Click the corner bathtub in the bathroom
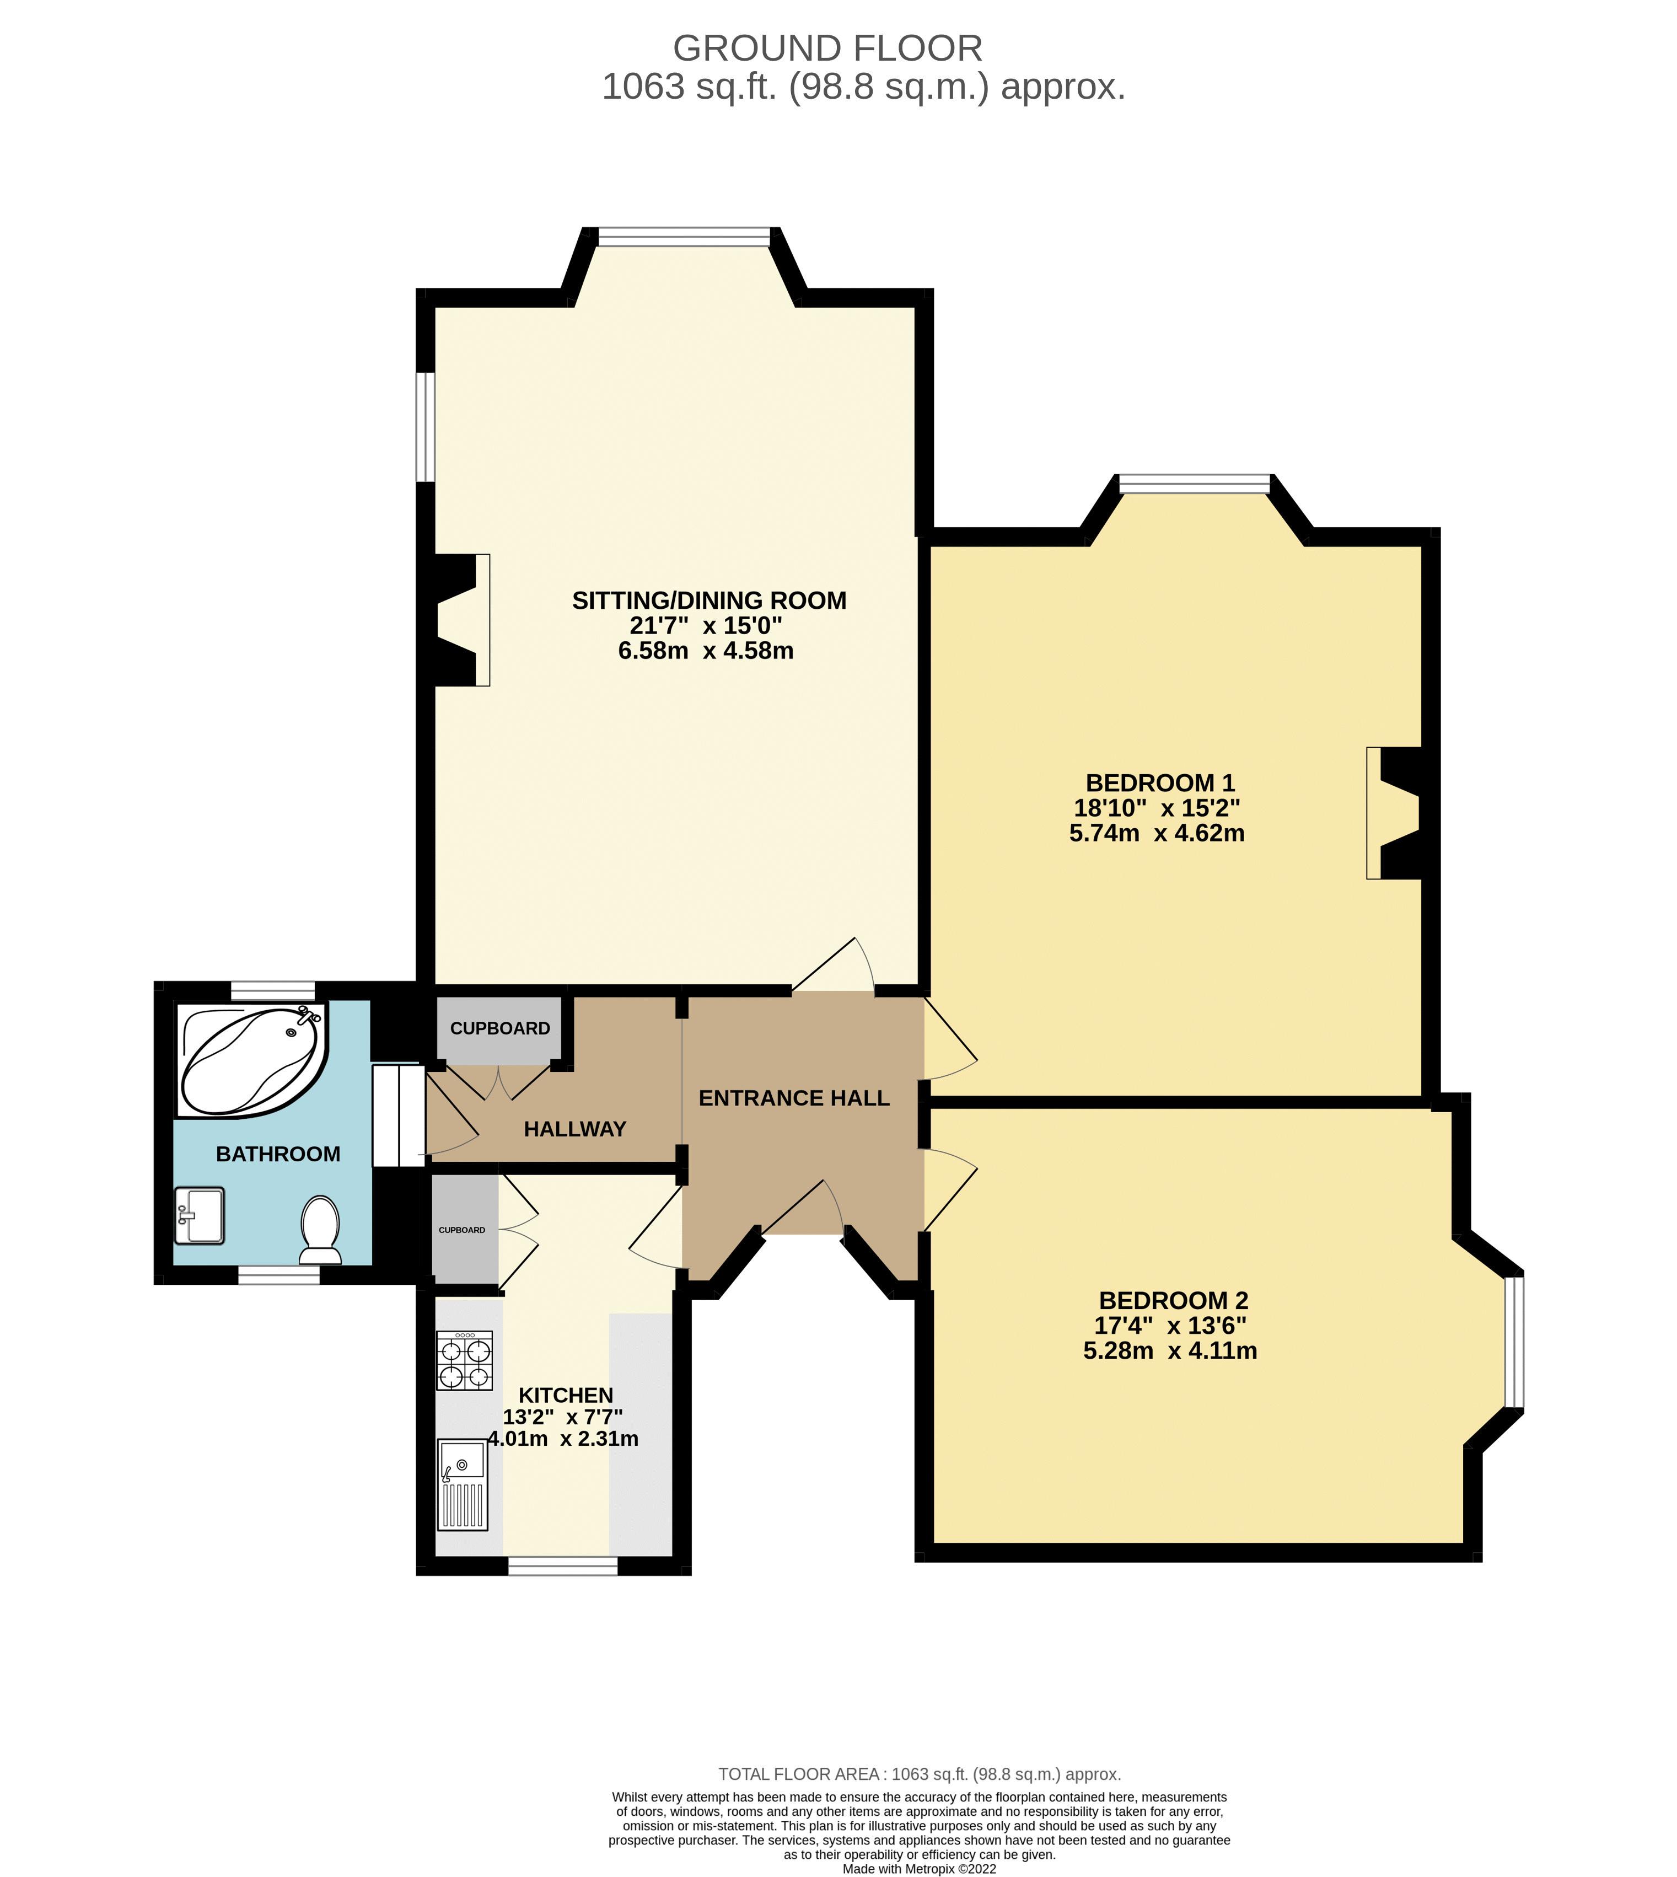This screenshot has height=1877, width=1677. [251, 1060]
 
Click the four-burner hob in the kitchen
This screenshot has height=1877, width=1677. [464, 1360]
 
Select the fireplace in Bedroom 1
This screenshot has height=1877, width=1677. [1396, 812]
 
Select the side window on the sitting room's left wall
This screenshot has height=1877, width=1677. [425, 427]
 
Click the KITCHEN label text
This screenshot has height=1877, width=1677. [565, 1395]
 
